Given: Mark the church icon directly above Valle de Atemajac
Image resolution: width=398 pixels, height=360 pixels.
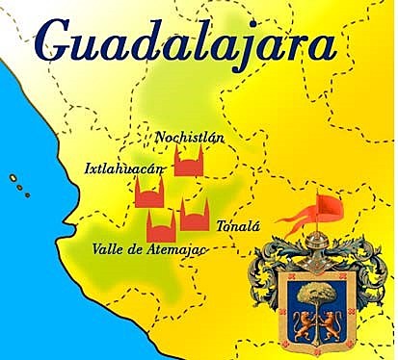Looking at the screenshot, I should coord(159,225).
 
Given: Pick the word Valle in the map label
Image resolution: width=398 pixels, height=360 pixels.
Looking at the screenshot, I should coord(108,248).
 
